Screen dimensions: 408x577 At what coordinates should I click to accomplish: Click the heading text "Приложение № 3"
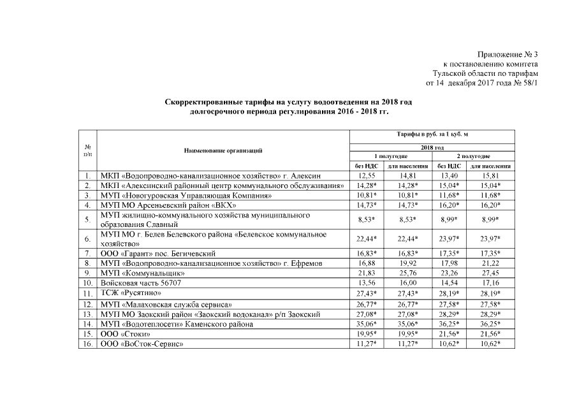tap(507, 55)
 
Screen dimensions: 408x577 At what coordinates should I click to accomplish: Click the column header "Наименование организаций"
tap(223, 150)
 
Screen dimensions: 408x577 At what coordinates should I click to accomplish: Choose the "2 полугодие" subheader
tap(472, 156)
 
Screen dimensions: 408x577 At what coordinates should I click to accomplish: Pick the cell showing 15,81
tap(488, 175)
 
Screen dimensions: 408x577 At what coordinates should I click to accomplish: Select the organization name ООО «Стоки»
tap(126, 334)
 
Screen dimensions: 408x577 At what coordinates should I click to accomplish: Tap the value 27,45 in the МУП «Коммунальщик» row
tap(488, 272)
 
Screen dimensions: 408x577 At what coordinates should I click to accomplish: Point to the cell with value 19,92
tap(407, 263)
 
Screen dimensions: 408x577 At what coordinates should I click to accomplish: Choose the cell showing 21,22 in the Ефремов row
tap(488, 263)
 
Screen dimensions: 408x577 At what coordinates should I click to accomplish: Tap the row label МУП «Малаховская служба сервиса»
tap(166, 305)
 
